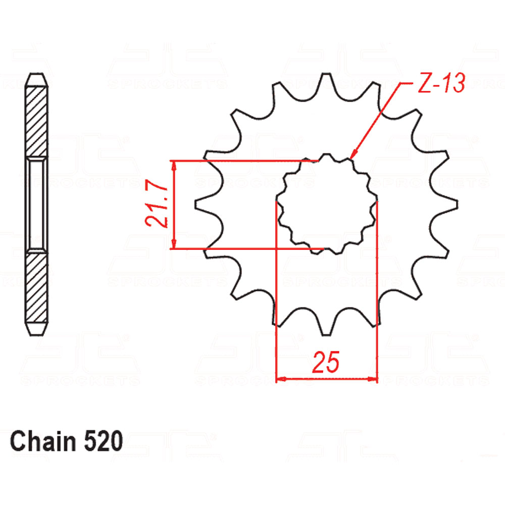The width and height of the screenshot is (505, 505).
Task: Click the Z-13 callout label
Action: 441,83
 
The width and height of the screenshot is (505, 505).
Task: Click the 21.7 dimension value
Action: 157,203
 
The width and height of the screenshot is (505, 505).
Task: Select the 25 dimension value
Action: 326,362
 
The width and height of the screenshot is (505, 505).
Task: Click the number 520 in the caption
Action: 104,441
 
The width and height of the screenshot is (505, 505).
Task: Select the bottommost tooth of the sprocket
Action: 326,326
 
